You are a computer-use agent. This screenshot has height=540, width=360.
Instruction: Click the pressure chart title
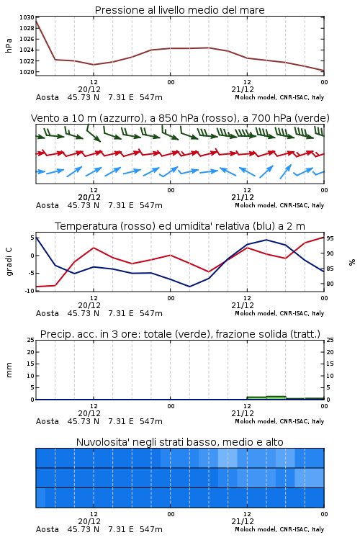[180, 10]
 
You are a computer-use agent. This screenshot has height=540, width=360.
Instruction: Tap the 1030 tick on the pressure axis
[27, 17]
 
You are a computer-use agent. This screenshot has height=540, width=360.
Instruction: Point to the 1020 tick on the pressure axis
[27, 72]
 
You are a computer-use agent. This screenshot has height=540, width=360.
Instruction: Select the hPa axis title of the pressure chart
[9, 45]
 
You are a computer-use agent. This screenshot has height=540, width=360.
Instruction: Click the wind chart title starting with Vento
[180, 118]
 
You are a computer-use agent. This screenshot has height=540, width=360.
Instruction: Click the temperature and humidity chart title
[180, 226]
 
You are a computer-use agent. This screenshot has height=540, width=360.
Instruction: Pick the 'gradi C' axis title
[9, 261]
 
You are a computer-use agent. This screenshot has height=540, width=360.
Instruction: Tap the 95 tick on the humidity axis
[330, 238]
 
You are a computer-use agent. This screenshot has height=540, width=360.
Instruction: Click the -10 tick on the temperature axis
[30, 291]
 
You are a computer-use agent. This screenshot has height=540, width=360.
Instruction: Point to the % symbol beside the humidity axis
[352, 262]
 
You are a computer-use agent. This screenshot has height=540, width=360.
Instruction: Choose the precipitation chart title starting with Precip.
[180, 334]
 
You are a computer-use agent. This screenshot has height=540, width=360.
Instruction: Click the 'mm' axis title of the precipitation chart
[9, 370]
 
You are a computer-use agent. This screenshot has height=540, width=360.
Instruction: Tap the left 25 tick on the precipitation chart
[31, 340]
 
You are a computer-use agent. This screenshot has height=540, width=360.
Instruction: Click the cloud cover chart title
[180, 442]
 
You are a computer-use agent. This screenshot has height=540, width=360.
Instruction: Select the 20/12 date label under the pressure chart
[89, 89]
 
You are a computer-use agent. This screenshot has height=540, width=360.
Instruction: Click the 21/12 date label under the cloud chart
[243, 521]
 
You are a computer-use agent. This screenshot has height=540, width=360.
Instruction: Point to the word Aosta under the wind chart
[48, 205]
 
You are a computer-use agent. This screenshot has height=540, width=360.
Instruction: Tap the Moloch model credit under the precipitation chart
[279, 421]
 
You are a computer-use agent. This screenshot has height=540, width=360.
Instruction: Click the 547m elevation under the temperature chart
[151, 313]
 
